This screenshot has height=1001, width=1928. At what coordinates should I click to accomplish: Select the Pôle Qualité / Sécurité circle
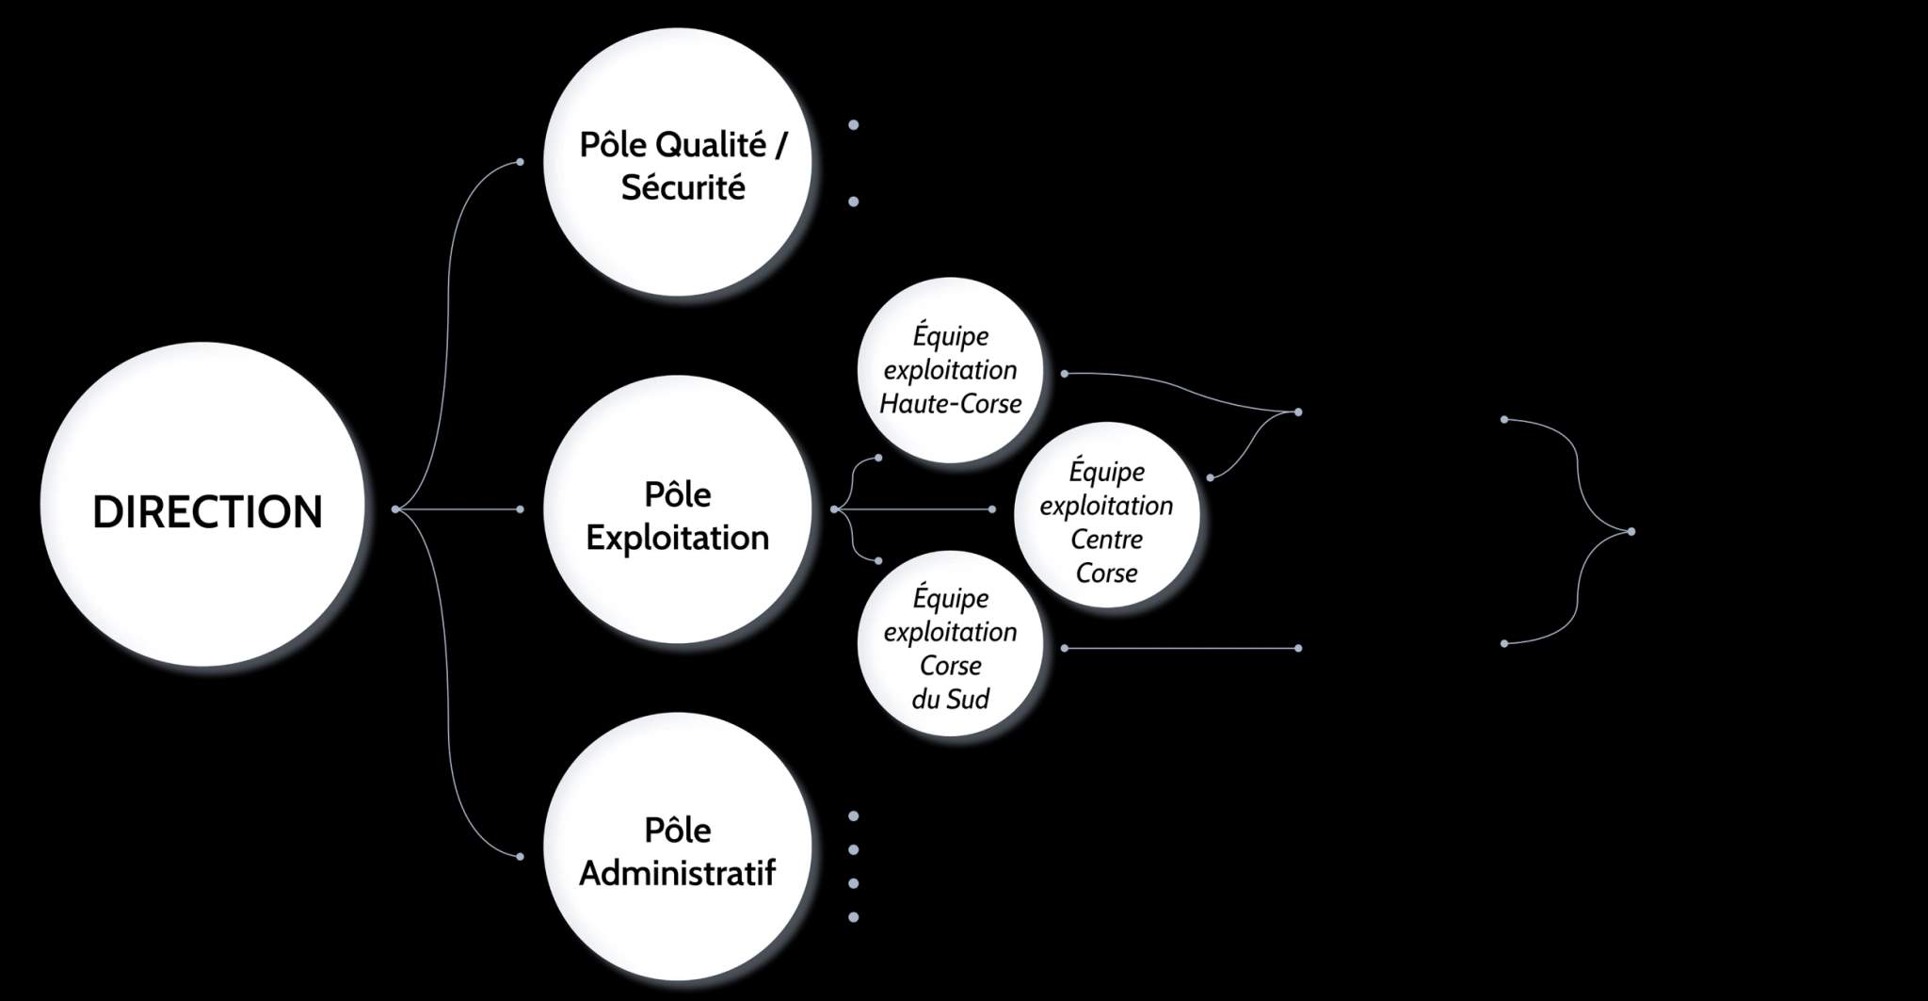pos(678,166)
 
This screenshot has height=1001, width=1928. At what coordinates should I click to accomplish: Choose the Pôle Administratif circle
pos(678,847)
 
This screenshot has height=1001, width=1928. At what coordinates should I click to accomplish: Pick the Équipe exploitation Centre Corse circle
pos(1106,514)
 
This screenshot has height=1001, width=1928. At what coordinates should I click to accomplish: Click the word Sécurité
pos(683,187)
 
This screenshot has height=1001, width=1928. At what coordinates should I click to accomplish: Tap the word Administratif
pos(678,873)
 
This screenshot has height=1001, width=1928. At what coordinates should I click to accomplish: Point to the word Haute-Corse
pos(950,404)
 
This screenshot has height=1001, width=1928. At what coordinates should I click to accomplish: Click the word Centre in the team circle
pos(1106,540)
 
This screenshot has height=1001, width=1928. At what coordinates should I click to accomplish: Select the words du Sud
pos(950,700)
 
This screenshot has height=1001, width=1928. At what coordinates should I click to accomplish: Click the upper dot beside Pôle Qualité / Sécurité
pos(854,124)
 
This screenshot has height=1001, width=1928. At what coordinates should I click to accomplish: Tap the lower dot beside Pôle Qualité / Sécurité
pos(854,202)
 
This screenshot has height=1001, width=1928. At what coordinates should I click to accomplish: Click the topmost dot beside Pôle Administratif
pos(854,815)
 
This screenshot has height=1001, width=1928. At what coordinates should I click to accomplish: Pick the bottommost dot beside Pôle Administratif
pos(854,917)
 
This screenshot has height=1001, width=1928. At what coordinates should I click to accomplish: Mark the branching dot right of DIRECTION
pos(395,509)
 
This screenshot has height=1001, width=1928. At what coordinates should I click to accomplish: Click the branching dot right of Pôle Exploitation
pos(835,509)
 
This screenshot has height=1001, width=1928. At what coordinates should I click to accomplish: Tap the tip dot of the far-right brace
pos(1631,532)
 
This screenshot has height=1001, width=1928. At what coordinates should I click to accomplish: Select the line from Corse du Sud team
pos(1181,648)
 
